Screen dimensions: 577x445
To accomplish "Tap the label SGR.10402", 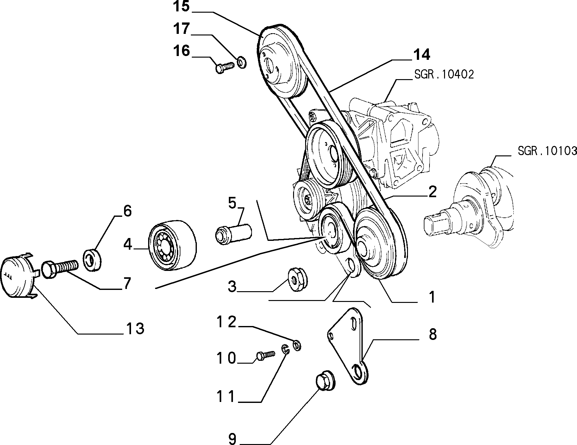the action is [443, 75].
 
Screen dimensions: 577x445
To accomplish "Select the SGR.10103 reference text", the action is [547, 151].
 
